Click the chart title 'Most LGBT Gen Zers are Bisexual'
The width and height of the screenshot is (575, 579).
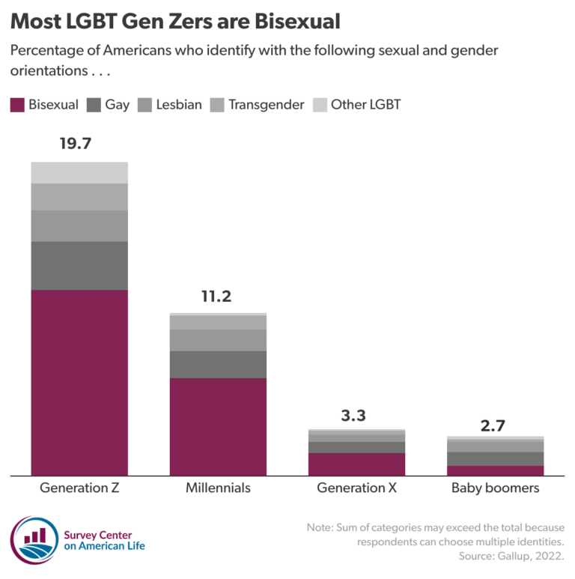coord(175,21)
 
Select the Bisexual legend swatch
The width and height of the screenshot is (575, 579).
coord(17,105)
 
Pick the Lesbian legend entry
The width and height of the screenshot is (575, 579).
coord(170,105)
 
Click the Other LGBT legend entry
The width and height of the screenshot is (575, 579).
coord(356,105)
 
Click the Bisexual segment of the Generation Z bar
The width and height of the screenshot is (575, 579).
coord(79,382)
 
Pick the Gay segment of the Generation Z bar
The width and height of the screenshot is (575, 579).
coord(79,265)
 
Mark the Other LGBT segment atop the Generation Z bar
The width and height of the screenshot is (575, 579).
coord(79,172)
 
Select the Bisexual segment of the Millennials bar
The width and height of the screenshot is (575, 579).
coord(218,426)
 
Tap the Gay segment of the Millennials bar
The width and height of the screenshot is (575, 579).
coord(218,364)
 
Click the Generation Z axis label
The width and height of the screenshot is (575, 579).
coord(79,488)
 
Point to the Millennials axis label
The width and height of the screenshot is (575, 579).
coord(218,488)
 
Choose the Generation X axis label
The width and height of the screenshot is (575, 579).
coord(356,488)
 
